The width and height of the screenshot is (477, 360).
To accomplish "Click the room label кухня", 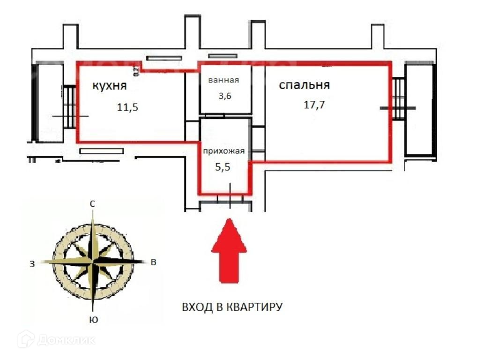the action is point(110,86).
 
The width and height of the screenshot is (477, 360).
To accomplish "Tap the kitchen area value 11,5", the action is point(128,107).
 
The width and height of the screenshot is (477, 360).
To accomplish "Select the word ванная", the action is point(224,80).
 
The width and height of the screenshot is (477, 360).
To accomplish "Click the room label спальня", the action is point(305,85).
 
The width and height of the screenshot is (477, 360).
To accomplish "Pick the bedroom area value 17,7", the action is point(314,105).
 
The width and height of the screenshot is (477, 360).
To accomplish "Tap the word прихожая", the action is point(224,151).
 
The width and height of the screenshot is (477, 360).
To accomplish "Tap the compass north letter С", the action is point(93,204).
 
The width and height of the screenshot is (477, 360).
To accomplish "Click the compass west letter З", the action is point(32,264).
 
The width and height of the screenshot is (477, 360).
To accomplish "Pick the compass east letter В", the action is point(153,262).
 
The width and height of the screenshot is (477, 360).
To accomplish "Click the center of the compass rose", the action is point(93,261).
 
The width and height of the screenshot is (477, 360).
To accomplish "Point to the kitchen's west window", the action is point(70,106).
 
